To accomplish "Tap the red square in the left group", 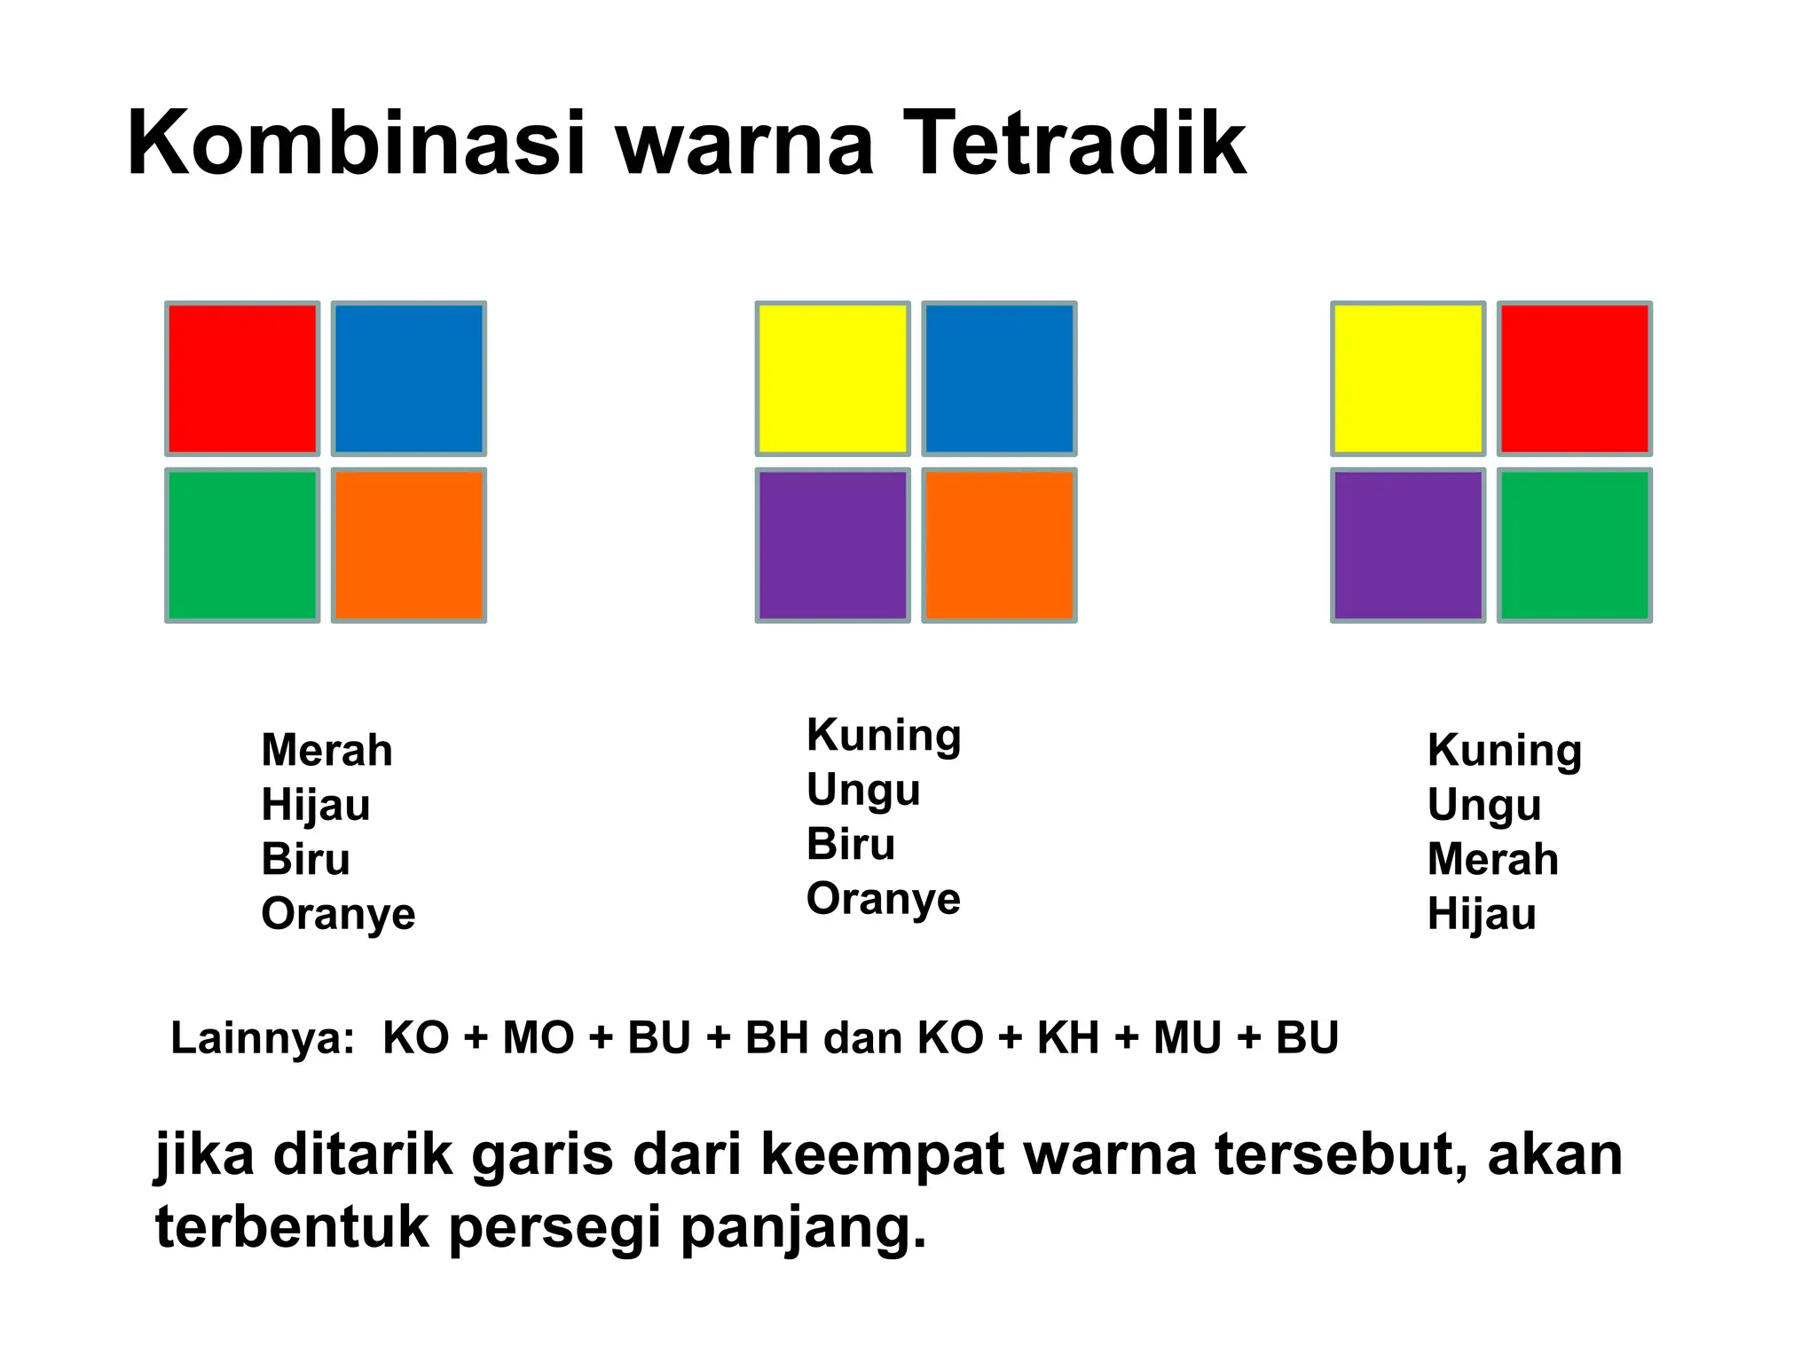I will click(x=242, y=379).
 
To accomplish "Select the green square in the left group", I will click(x=242, y=545).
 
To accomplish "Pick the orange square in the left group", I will click(x=409, y=545).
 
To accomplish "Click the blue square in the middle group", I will click(x=999, y=379).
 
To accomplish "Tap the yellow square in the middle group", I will click(x=832, y=379).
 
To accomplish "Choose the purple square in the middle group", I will click(x=832, y=545).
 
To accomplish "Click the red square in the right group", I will click(x=1574, y=379).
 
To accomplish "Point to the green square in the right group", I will click(x=1574, y=545).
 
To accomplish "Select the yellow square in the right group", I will click(x=1408, y=379).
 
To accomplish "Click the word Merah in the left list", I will click(x=326, y=751).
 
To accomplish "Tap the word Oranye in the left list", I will click(x=338, y=914).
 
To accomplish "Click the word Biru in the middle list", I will click(x=850, y=844).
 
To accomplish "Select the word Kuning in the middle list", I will click(x=883, y=737).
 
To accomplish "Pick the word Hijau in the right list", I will click(x=1481, y=914).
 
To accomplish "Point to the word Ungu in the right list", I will click(x=1483, y=806).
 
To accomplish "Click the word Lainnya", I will click(x=262, y=1038).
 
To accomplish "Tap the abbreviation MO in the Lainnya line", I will click(x=538, y=1038).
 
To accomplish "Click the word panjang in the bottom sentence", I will click(x=803, y=1229).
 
